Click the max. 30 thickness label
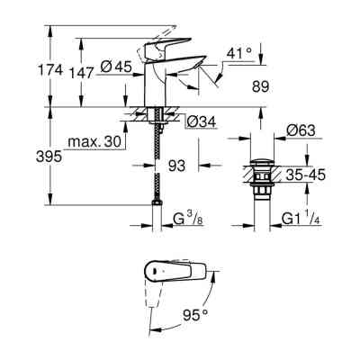(94, 143)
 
